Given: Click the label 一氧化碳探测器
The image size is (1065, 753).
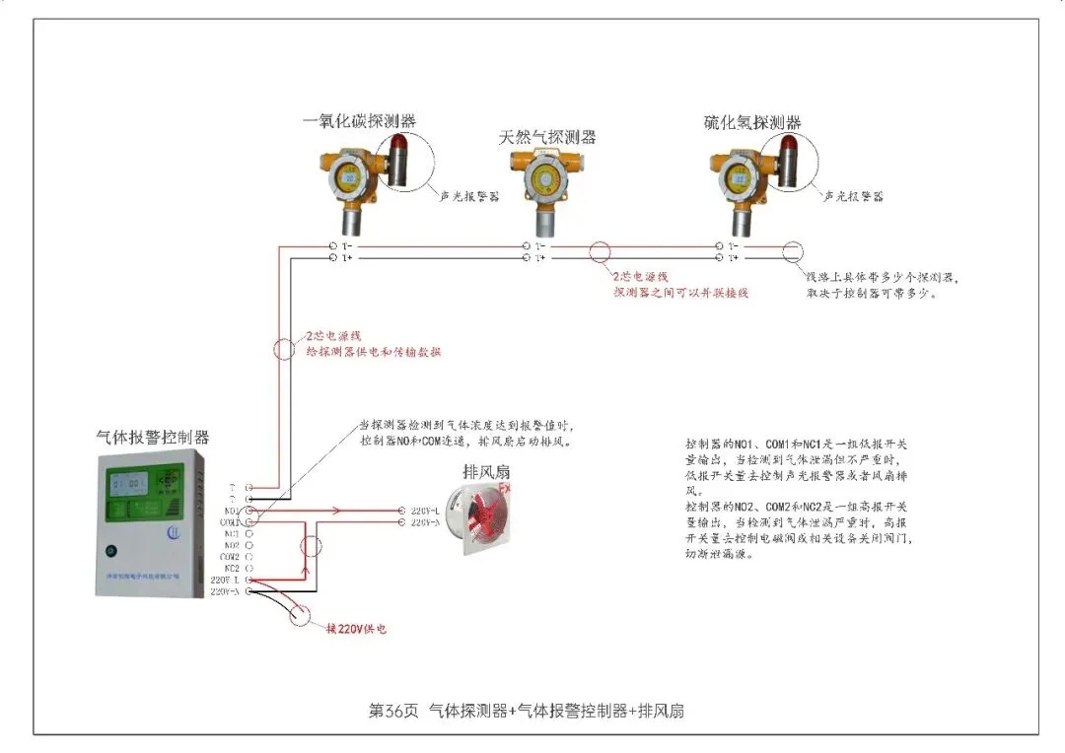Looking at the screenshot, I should click(359, 121).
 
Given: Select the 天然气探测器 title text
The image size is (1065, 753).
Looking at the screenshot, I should click(548, 138).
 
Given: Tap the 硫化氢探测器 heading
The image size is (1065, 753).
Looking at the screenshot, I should click(752, 123).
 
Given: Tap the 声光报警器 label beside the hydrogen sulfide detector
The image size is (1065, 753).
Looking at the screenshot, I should click(853, 196).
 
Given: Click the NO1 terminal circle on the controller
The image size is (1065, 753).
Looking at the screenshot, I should click(248, 511).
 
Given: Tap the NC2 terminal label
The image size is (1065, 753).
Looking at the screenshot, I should click(231, 569).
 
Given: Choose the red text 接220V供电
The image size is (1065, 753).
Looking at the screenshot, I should click(356, 628).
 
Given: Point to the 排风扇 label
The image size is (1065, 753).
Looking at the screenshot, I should click(484, 471).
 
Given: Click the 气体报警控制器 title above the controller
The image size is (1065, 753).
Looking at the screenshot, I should click(153, 437).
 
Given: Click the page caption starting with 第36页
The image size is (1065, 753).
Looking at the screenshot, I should click(526, 711).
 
